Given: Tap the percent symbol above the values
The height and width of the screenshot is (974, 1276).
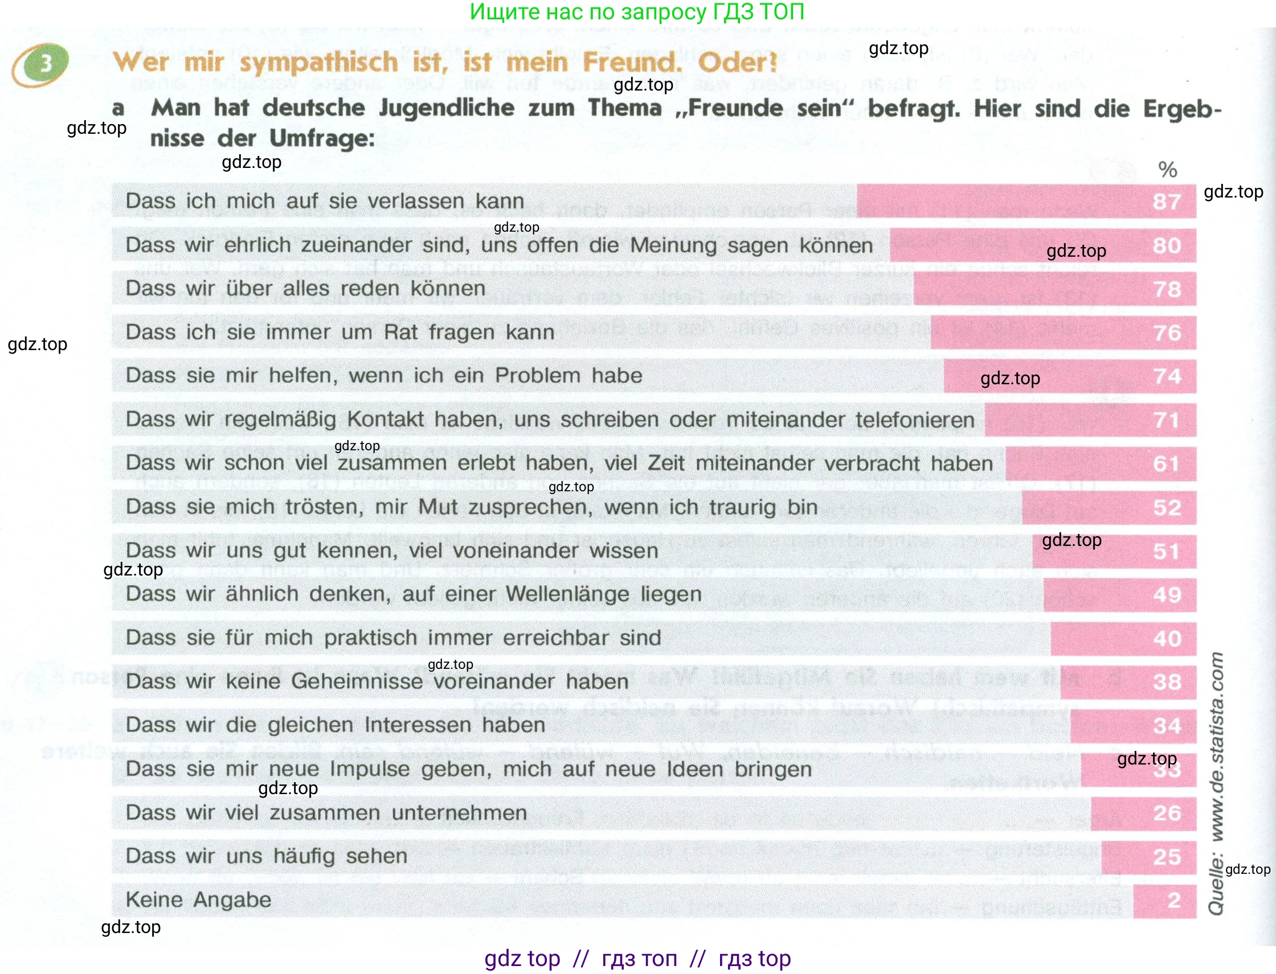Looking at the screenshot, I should click(1168, 169).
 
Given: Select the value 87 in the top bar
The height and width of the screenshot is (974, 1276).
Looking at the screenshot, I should click(1167, 201).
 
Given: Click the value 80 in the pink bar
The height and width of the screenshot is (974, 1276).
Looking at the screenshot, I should click(1167, 245).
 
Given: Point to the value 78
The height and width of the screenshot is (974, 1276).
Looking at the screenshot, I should click(1167, 289).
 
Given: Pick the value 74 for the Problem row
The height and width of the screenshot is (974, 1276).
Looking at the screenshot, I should click(1167, 376).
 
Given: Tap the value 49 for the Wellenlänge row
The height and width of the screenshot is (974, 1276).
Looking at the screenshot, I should click(1167, 594).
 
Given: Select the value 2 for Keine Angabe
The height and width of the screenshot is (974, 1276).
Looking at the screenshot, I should click(1174, 900).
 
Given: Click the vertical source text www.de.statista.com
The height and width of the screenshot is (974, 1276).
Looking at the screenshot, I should click(1216, 748).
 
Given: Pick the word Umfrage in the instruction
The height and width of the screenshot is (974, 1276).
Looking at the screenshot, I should click(322, 138).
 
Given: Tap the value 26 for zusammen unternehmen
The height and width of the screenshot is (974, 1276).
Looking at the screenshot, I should click(1167, 813).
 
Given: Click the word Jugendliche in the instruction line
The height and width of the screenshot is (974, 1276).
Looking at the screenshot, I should click(447, 108).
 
